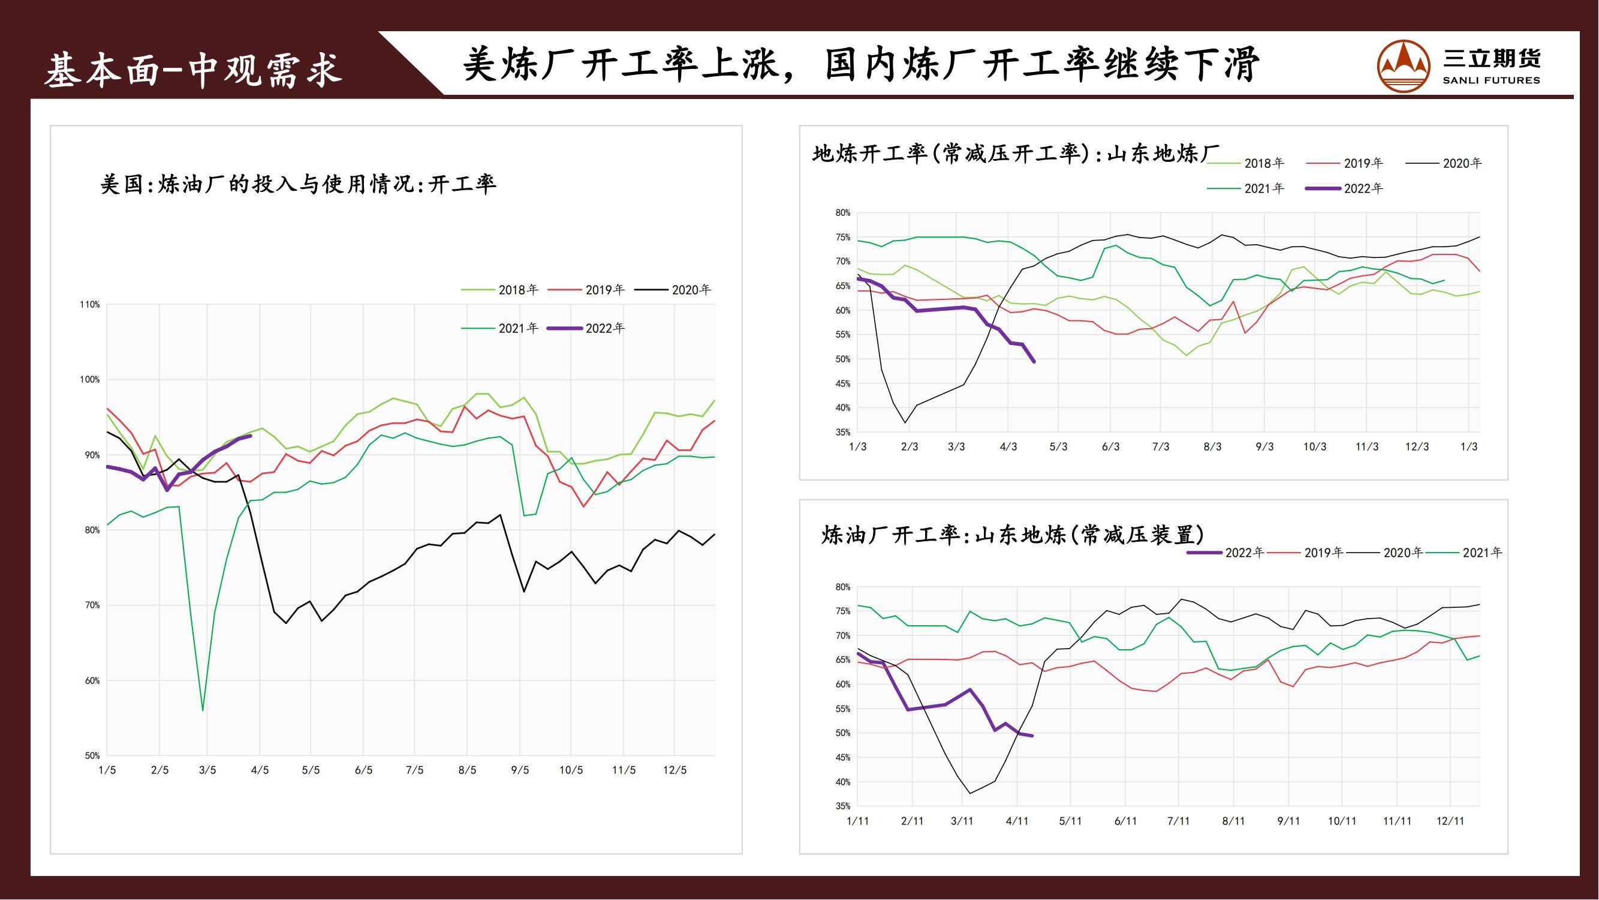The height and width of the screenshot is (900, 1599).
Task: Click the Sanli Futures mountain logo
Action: (1403, 66)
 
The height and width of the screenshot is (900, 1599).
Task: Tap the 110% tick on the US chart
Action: (89, 304)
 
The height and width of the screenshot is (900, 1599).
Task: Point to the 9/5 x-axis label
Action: (520, 770)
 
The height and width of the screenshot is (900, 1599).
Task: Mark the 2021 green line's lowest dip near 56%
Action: (203, 710)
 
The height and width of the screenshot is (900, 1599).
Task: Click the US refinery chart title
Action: (298, 184)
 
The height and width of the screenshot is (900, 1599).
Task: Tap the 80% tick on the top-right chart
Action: (842, 212)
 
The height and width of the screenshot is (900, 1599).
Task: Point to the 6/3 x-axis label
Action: (1110, 446)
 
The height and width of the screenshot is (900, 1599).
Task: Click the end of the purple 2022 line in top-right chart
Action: (1034, 361)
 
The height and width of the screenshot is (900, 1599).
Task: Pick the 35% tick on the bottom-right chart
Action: (842, 806)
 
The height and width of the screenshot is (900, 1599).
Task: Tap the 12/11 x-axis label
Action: (1450, 821)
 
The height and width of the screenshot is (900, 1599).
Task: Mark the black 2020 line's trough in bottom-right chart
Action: (969, 793)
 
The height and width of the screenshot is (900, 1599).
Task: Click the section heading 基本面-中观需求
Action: (193, 70)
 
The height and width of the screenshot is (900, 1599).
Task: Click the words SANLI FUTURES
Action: (1491, 80)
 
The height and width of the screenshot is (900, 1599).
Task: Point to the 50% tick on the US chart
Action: (92, 755)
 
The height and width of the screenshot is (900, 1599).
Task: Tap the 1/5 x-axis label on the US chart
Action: (107, 770)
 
